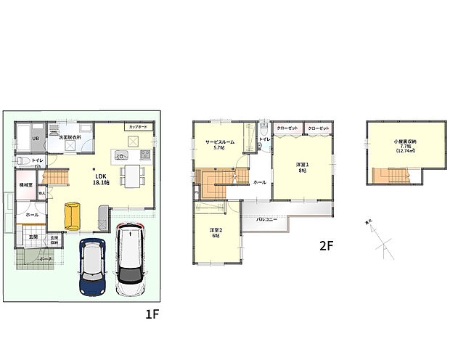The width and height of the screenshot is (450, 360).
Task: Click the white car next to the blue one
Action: (129, 258)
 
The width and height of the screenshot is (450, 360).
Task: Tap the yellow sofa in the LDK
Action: (72, 216)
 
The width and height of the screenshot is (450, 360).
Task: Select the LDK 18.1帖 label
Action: (100, 179)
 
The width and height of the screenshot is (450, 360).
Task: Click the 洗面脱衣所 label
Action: (69, 136)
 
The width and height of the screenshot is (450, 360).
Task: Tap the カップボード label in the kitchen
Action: (137, 127)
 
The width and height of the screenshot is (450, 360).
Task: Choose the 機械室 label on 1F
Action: (26, 185)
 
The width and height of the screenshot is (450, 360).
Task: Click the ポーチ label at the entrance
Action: (46, 258)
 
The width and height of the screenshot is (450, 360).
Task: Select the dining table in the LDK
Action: (131, 175)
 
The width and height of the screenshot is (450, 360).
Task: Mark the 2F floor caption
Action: (326, 245)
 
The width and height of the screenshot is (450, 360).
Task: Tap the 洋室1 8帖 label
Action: (302, 167)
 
